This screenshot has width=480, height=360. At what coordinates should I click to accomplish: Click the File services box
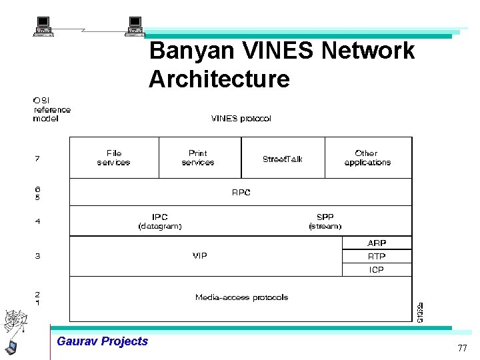tap(114, 157)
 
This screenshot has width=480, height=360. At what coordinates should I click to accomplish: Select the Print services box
tap(199, 157)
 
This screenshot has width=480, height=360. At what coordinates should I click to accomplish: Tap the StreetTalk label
tap(283, 159)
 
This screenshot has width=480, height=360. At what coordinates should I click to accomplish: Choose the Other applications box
tap(367, 157)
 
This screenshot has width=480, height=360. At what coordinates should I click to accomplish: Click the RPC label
tap(241, 193)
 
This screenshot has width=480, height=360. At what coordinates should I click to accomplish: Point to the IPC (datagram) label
tap(160, 221)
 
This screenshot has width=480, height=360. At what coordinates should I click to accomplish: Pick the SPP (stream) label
tap(325, 221)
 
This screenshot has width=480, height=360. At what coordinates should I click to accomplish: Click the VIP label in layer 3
tap(199, 256)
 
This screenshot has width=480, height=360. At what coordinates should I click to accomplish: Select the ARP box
tap(377, 243)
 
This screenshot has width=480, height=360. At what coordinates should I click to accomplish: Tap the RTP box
tap(377, 257)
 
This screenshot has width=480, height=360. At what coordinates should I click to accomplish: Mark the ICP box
tap(377, 270)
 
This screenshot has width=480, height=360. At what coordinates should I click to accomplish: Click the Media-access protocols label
tap(241, 297)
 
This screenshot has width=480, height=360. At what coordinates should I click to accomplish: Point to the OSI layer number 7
tap(37, 159)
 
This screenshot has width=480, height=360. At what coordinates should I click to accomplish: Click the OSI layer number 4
tap(37, 221)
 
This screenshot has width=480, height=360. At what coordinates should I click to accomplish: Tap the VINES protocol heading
tap(241, 119)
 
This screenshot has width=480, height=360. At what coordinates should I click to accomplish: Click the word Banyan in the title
tap(183, 51)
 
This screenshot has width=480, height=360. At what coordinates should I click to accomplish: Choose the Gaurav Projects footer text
tap(103, 341)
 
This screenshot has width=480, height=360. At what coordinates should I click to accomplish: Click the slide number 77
tap(462, 349)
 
